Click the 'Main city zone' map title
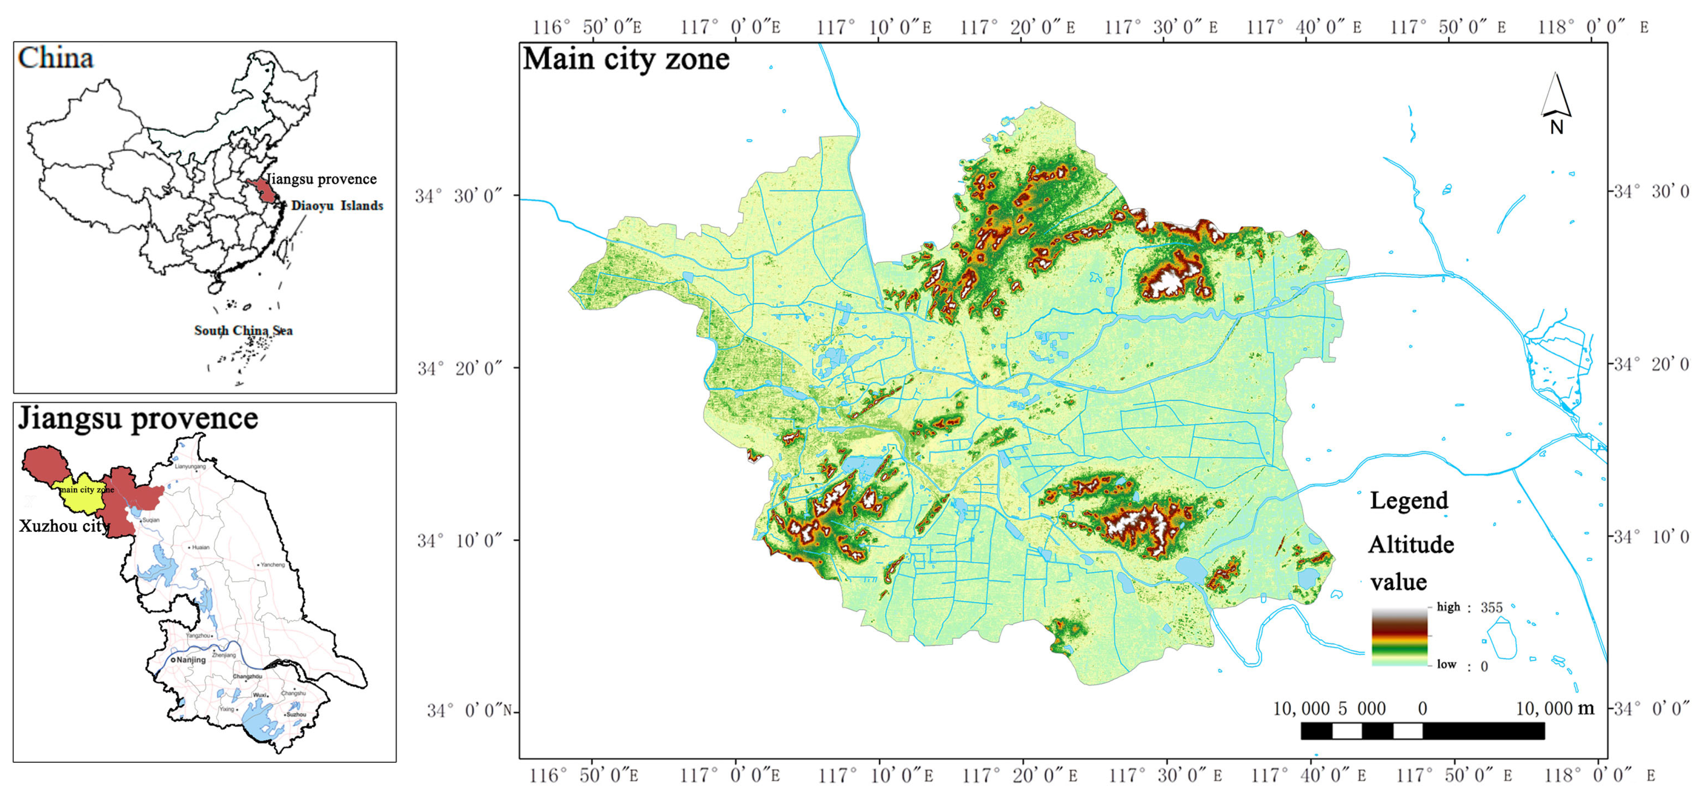point(626,60)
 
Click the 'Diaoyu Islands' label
point(337,206)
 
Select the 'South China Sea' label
point(243,331)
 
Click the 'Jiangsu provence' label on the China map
point(321,179)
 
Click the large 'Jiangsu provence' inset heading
point(138,418)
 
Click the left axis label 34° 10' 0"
point(459,540)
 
